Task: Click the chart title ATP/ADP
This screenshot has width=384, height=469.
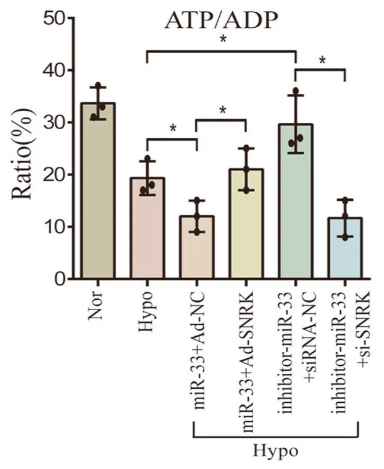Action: pyautogui.click(x=222, y=20)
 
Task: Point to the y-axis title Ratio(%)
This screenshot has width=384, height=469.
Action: pyautogui.click(x=22, y=154)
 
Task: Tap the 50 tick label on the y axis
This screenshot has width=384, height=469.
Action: pyautogui.click(x=54, y=19)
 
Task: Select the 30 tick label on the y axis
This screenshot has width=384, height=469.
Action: pyautogui.click(x=54, y=122)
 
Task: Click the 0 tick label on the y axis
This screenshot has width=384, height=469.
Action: pyautogui.click(x=60, y=279)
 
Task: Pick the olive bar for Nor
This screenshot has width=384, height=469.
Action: pyautogui.click(x=98, y=191)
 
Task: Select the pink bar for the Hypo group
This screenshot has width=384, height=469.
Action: pyautogui.click(x=148, y=228)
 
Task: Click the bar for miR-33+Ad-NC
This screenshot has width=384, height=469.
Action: pyautogui.click(x=197, y=247)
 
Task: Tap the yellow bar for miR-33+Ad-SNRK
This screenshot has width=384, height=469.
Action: pyautogui.click(x=246, y=224)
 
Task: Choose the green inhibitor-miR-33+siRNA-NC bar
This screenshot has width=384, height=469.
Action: pyautogui.click(x=296, y=201)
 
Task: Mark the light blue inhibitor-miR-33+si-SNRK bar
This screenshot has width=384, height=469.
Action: pyautogui.click(x=345, y=248)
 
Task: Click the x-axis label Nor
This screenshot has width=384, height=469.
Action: pyautogui.click(x=96, y=306)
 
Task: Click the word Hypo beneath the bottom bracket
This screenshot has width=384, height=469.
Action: pyautogui.click(x=276, y=450)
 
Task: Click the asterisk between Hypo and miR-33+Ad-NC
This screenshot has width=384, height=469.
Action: pyautogui.click(x=173, y=129)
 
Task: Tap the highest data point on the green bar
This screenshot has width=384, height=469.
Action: pyautogui.click(x=296, y=90)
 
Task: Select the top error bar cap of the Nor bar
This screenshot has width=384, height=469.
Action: pyautogui.click(x=98, y=87)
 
